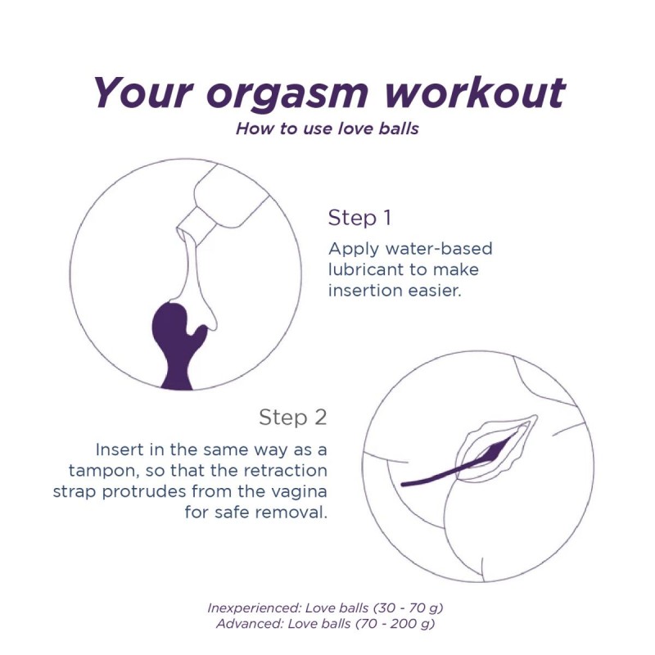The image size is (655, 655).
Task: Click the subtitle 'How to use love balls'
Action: [327, 129]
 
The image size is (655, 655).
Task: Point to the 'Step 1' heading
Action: [359, 218]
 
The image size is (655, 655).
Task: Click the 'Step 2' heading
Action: [292, 417]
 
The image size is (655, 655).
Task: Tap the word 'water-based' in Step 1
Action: [439, 249]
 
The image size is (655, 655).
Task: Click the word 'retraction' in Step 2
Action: [285, 470]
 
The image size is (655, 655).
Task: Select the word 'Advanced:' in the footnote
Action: [249, 624]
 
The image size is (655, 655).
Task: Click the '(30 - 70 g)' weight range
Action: [407, 608]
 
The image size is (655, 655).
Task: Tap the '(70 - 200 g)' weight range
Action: [395, 624]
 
